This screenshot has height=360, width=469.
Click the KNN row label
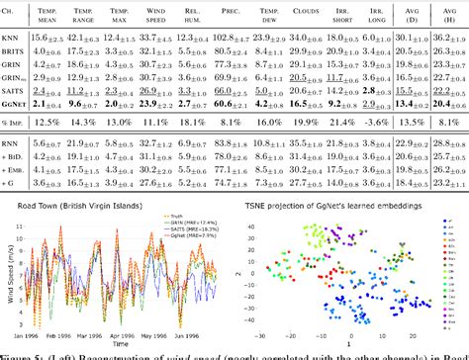point(13,37)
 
